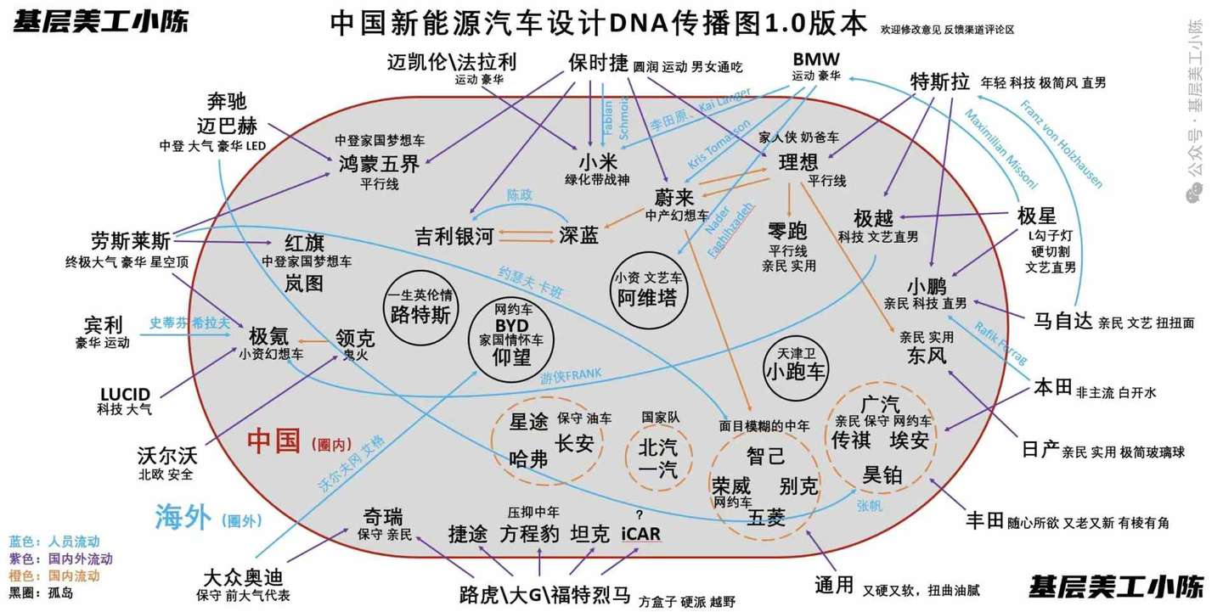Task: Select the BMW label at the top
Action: point(815,59)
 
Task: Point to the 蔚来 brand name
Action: point(675,198)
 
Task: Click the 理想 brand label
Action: point(798,162)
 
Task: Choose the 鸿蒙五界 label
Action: point(379,164)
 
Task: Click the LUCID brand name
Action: point(125,395)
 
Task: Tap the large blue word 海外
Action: point(183,516)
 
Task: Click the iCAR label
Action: point(640,535)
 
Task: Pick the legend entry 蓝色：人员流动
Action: point(54,542)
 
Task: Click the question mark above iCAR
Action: point(639,515)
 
